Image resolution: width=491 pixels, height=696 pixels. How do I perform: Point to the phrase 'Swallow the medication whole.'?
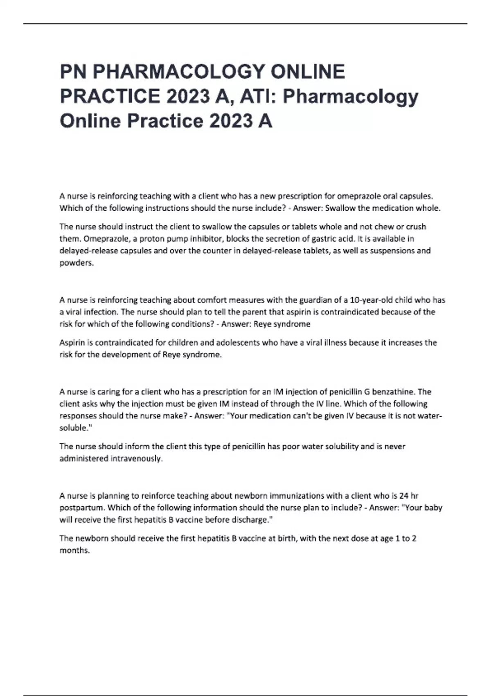383,208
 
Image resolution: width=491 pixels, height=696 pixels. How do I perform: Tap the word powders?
77,263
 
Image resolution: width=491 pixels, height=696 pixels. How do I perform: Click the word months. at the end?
74,551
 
